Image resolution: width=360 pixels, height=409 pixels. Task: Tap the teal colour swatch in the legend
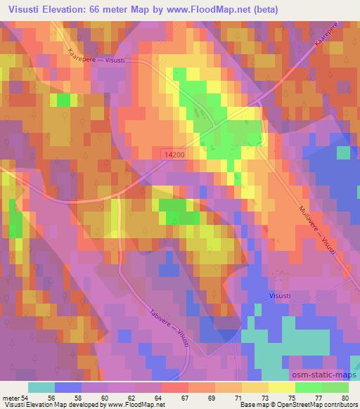coord(41,387)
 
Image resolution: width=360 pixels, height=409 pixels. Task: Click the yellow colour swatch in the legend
coord(282,387)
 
